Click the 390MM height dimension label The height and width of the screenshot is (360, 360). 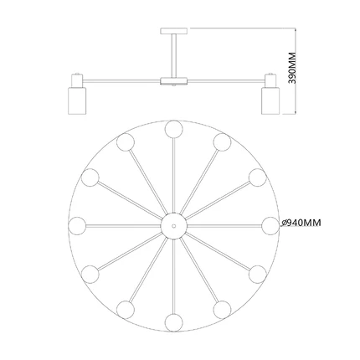(x=292, y=68)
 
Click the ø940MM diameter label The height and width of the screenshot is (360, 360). (x=301, y=223)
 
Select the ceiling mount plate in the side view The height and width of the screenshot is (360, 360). (x=173, y=31)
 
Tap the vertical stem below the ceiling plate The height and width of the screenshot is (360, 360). (x=173, y=56)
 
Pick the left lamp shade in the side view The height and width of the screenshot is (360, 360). (x=77, y=100)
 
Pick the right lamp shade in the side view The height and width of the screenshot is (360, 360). (x=270, y=100)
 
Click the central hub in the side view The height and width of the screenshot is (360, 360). (x=173, y=81)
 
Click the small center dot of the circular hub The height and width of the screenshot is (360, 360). (x=173, y=226)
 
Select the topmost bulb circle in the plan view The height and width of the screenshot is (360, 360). (x=173, y=129)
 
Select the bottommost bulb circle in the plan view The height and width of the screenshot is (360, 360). (x=173, y=322)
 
